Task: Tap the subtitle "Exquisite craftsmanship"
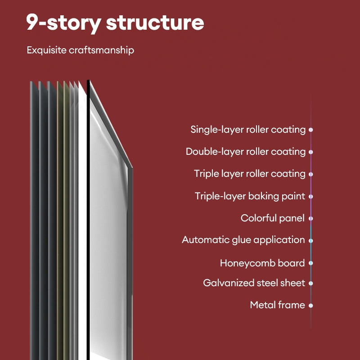81,50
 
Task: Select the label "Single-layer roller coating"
248,130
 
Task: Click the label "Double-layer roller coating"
246,152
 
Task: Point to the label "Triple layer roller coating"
250,174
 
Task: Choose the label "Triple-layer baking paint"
250,196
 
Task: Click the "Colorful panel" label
273,218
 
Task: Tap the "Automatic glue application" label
243,240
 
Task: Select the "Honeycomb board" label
262,263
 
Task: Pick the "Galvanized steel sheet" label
254,283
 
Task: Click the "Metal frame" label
277,305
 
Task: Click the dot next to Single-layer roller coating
311,130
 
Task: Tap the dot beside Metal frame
311,306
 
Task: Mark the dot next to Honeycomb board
311,263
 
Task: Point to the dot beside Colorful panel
311,219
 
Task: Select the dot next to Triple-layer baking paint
311,197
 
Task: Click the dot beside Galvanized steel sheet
311,283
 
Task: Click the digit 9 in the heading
32,22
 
